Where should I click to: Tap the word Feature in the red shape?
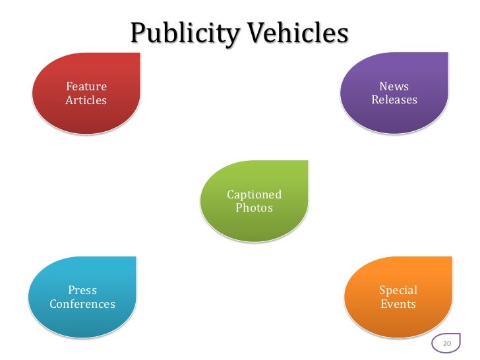coord(86,87)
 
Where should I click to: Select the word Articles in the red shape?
coord(86,100)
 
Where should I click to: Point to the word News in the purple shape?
coord(394,87)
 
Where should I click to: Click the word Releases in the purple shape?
coord(394,100)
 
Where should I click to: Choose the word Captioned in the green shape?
coord(255,195)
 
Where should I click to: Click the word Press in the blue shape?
coord(83,290)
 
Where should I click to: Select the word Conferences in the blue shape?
coord(82,304)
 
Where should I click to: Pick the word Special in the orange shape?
coord(398,290)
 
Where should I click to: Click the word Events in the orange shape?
coord(398,304)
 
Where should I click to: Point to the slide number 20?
coord(447,344)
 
